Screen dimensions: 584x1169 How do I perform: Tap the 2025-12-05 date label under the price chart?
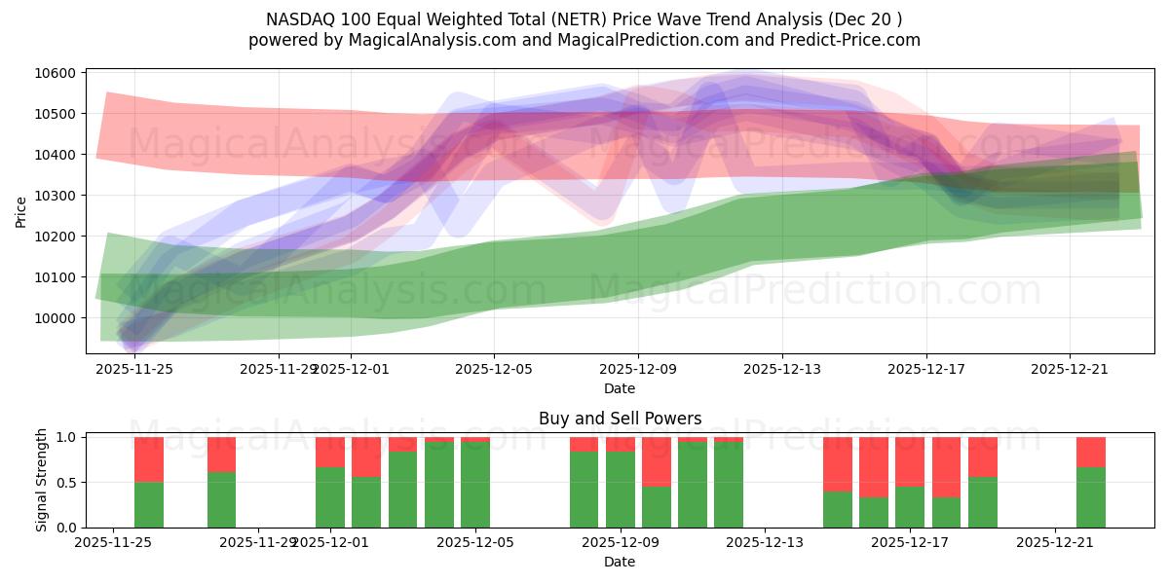click(x=494, y=369)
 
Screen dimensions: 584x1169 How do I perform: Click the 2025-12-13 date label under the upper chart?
click(x=782, y=369)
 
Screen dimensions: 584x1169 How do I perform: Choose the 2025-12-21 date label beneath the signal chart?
click(x=1056, y=542)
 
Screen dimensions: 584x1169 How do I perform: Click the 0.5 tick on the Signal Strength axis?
click(x=67, y=483)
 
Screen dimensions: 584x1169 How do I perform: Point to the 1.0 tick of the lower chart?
click(x=67, y=438)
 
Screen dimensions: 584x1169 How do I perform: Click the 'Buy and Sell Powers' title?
click(x=620, y=420)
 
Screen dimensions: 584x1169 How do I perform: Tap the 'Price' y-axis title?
click(x=21, y=211)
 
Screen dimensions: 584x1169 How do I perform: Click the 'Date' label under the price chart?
click(x=620, y=388)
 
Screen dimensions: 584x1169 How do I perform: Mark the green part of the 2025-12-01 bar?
click(x=330, y=497)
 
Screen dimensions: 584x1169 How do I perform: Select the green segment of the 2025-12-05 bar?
click(x=475, y=485)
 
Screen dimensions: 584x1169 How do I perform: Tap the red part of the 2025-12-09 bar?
click(x=657, y=461)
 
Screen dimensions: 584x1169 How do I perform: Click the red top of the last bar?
click(x=1091, y=452)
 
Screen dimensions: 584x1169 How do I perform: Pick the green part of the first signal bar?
click(x=149, y=505)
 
